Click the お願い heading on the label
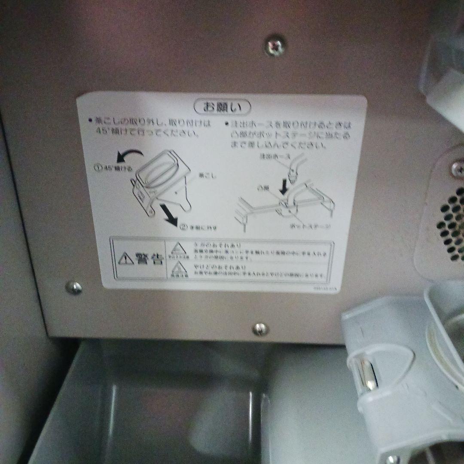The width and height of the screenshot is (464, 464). tap(223, 106)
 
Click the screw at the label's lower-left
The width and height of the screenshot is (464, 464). tap(74, 287)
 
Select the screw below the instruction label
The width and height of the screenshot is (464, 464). tap(260, 329)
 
